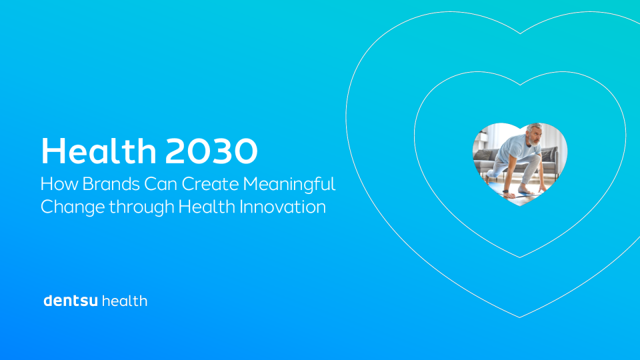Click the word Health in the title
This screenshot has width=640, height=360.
(99, 152)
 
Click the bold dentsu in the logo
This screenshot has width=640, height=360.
(71, 301)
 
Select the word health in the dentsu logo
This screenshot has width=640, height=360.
(125, 301)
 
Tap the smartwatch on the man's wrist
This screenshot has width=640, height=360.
(505, 191)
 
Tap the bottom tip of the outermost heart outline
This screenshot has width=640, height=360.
(520, 317)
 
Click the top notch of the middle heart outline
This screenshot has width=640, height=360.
(520, 84)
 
